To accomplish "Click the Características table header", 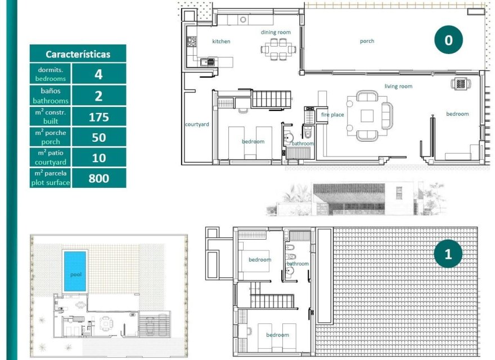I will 78,54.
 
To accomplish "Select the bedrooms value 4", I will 98,74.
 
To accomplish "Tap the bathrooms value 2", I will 98,96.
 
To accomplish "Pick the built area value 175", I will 98,117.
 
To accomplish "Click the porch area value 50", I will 98,138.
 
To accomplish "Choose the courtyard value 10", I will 98,158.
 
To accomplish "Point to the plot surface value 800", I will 98,179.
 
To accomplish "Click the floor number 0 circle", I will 448,40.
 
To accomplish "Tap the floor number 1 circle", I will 448,254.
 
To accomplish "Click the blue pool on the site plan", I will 75,271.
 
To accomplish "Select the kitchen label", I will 221,42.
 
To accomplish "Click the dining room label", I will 276,33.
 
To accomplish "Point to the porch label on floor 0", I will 367,41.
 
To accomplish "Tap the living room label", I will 398,87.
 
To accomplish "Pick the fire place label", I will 332,115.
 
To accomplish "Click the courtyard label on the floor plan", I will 197,124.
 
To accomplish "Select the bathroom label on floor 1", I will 298,264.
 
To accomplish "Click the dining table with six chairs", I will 275,49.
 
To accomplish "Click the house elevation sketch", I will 360,200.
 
